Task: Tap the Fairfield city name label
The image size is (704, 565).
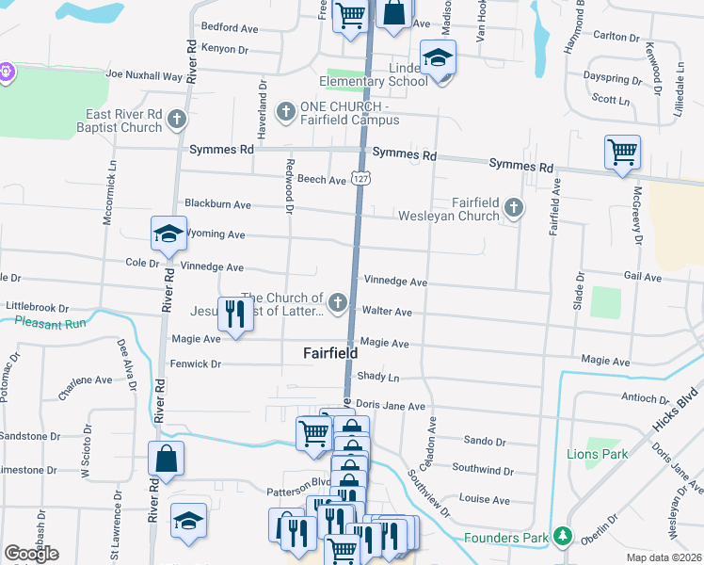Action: (x=329, y=353)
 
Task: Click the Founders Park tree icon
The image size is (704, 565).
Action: (x=563, y=536)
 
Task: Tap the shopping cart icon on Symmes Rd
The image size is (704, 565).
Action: (x=622, y=151)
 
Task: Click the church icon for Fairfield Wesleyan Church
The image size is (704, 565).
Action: (x=513, y=206)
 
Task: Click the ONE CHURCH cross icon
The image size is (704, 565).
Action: (x=285, y=113)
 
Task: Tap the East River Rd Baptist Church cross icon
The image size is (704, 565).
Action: (x=177, y=121)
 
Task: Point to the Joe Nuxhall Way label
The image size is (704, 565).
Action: (x=144, y=73)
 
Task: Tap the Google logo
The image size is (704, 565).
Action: (x=31, y=553)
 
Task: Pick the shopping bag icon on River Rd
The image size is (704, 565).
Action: (x=166, y=459)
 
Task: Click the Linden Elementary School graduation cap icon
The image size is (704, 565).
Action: (x=438, y=59)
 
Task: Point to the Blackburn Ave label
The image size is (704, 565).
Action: (x=217, y=203)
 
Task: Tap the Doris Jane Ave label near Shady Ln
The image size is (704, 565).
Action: (x=391, y=406)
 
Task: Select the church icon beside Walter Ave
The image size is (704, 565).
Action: (x=337, y=302)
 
